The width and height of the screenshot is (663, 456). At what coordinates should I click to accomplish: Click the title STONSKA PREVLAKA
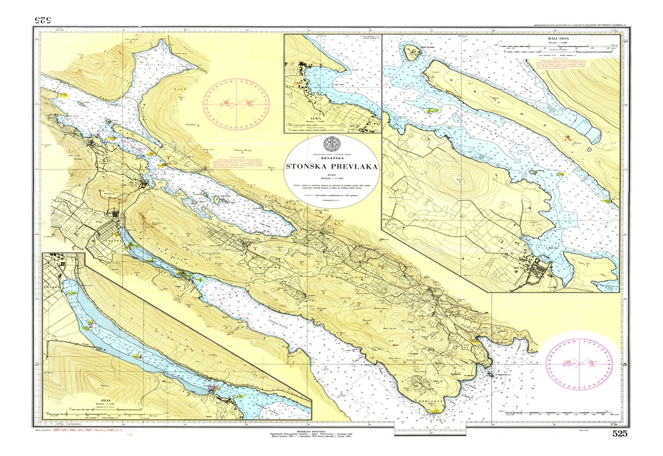pos(332,166)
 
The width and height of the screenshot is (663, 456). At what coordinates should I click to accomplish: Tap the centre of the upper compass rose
pos(236,103)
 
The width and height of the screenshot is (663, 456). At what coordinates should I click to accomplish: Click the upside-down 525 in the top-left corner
pos(42,20)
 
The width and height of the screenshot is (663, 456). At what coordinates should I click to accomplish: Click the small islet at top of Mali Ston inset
pos(412,51)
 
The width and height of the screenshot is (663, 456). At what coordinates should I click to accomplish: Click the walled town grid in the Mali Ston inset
pos(541,270)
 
